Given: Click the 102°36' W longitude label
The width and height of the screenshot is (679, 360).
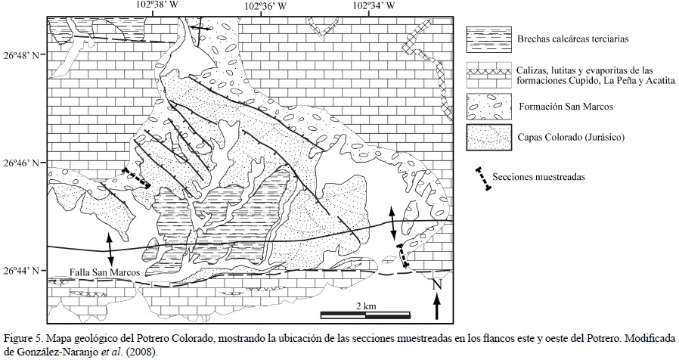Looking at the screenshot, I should click(265, 5).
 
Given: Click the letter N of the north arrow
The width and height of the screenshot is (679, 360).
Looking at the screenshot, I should click(436, 285).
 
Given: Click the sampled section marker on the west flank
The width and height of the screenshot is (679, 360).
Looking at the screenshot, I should click(137, 178).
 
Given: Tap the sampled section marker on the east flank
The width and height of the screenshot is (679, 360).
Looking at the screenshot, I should click(405, 259).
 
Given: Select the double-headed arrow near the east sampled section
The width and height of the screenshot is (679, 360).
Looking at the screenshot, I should click(392, 225).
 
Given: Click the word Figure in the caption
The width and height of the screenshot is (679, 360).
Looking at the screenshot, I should click(17, 337).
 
